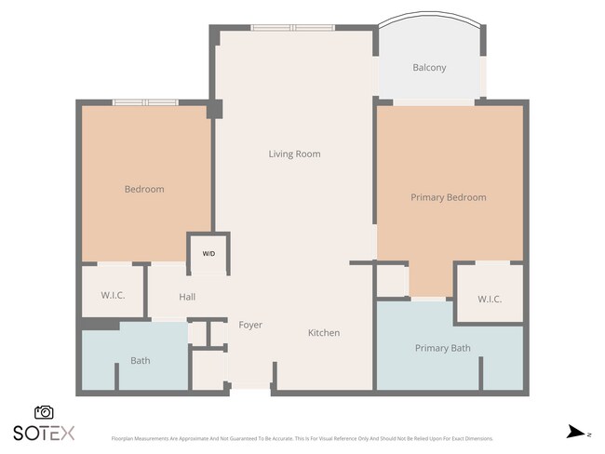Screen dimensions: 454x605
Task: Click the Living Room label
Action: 294,154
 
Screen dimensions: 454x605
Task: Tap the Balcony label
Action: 429,68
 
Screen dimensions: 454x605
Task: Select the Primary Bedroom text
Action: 449,197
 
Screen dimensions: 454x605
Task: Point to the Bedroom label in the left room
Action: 144,190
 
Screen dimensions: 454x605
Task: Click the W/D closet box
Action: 208,254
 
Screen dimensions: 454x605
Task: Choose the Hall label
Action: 187,297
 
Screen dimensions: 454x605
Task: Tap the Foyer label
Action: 250,325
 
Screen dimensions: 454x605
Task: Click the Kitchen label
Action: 324,333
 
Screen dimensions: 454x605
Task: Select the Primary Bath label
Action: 442,349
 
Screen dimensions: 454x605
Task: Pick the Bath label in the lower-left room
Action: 141,361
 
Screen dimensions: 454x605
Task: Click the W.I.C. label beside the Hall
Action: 114,295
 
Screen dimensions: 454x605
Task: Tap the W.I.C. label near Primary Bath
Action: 490,300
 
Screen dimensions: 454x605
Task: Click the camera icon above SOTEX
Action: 44,412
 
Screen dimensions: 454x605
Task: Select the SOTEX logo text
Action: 44,433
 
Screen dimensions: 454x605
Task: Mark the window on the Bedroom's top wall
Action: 144,101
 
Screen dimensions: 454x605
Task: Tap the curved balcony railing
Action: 429,16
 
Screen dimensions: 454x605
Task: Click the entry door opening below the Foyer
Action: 249,392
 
